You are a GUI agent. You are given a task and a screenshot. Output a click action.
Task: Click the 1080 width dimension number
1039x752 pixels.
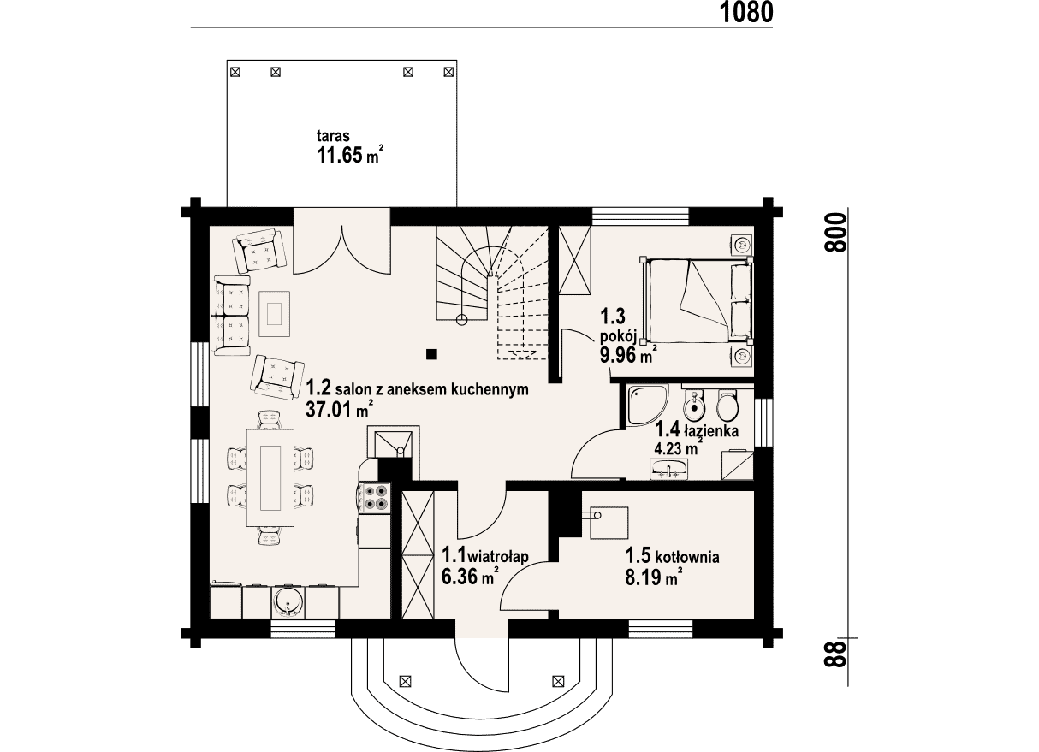tap(746, 13)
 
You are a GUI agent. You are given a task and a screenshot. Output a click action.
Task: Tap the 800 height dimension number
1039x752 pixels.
tap(835, 233)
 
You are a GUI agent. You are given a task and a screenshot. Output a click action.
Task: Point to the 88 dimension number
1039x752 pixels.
tap(835, 654)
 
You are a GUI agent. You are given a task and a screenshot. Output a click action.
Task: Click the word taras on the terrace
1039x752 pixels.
tap(333, 136)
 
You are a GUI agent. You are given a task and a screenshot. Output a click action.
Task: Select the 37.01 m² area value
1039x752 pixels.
tap(340, 409)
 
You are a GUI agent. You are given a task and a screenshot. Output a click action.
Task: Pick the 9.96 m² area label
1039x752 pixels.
tap(628, 355)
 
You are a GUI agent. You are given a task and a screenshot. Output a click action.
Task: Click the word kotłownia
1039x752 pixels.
tap(688, 556)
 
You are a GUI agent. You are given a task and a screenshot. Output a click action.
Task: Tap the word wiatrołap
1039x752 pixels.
tap(499, 555)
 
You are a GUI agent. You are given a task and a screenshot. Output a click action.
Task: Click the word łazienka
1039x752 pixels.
tap(711, 431)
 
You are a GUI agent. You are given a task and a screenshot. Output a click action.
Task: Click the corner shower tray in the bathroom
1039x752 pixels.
tap(648, 406)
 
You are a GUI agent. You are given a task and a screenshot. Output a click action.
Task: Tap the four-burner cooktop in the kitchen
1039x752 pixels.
tap(375, 497)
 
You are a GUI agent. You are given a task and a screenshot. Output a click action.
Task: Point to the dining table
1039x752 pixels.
tap(270, 478)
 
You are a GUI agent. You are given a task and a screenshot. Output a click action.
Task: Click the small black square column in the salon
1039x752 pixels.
tap(432, 354)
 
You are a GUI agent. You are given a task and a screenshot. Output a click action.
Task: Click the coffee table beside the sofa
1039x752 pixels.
tap(274, 314)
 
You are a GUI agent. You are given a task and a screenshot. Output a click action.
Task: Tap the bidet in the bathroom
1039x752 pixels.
tap(694, 406)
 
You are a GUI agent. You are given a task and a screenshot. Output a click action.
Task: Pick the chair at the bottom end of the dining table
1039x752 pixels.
tap(270, 537)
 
